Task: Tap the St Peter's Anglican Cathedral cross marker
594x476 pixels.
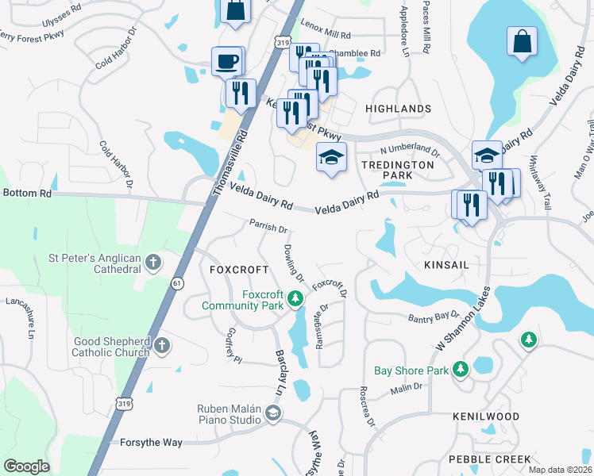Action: [x=153, y=263]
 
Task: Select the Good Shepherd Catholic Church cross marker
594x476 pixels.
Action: [x=161, y=345]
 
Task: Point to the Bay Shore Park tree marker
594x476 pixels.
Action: [x=460, y=370]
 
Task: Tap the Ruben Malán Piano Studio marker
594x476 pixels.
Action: [x=273, y=413]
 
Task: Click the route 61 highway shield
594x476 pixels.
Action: [x=175, y=282]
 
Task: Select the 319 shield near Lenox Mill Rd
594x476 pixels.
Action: [x=283, y=41]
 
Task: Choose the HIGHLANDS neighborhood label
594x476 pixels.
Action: [x=398, y=109]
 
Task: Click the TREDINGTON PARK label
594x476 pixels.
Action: [x=398, y=170]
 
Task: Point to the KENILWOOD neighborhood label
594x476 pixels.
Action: [x=486, y=416]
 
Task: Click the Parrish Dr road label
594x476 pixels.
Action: [x=268, y=227]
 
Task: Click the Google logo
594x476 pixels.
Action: [x=26, y=466]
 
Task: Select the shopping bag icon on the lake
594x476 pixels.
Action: [x=523, y=44]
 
